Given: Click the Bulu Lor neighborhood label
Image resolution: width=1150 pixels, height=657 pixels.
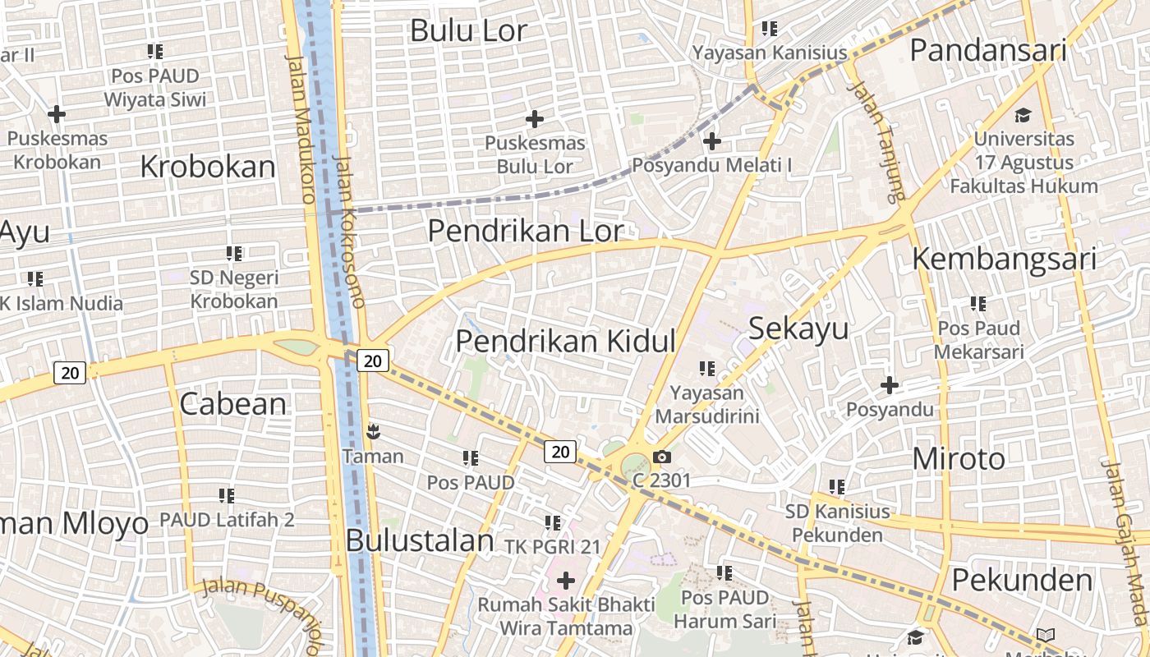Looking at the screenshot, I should pyautogui.click(x=468, y=31).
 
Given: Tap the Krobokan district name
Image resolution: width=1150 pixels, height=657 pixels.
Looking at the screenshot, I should pyautogui.click(x=208, y=167).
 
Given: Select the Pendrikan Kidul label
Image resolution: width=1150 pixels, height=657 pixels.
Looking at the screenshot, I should pyautogui.click(x=565, y=341).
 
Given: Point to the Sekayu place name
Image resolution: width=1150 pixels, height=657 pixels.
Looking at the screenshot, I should pyautogui.click(x=798, y=328).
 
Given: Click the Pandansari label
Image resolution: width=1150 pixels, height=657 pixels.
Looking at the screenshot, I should pyautogui.click(x=987, y=50).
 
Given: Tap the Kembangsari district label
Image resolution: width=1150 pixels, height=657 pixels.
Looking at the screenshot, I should pyautogui.click(x=1004, y=260).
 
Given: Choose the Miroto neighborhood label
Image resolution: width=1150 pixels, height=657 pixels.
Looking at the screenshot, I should pyautogui.click(x=959, y=459).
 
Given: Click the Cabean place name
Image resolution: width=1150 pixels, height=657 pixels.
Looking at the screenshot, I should pyautogui.click(x=232, y=404).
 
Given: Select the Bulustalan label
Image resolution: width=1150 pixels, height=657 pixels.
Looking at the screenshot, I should pyautogui.click(x=420, y=540).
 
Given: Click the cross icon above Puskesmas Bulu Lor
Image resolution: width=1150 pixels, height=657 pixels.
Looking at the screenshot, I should pyautogui.click(x=535, y=119).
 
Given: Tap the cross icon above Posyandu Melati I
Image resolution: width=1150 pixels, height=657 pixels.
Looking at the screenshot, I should pyautogui.click(x=712, y=141).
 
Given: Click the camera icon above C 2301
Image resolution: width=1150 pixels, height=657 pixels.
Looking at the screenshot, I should pyautogui.click(x=662, y=457).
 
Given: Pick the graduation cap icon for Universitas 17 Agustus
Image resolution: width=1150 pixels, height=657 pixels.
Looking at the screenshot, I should pyautogui.click(x=1023, y=115).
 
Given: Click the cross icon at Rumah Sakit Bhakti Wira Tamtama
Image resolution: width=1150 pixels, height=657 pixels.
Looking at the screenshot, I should pyautogui.click(x=566, y=581).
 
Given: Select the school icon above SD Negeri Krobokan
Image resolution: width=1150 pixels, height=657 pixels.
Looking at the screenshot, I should pyautogui.click(x=234, y=254).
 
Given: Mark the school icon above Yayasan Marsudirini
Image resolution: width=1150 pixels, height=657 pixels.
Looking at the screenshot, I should pyautogui.click(x=706, y=369).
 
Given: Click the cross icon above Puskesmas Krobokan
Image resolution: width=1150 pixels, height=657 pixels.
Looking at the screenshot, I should pyautogui.click(x=57, y=113).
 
